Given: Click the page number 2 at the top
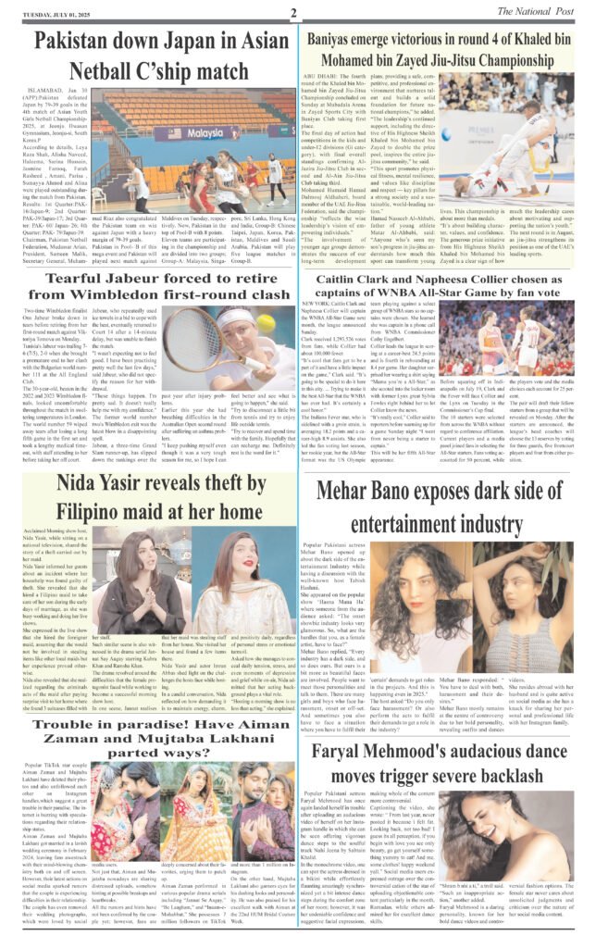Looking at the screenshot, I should (x=292, y=12).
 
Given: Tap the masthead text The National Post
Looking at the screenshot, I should (x=540, y=10).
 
